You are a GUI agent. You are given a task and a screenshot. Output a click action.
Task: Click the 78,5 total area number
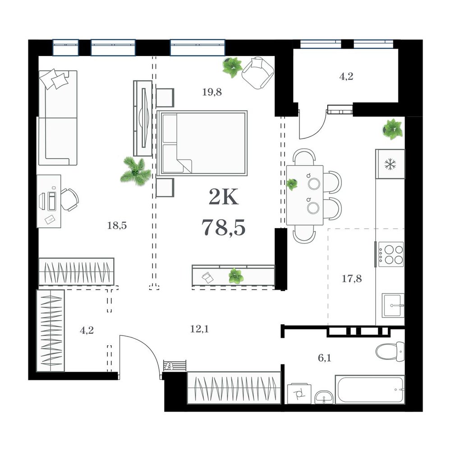click(224, 227)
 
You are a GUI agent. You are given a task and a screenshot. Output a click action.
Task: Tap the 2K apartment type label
click(224, 197)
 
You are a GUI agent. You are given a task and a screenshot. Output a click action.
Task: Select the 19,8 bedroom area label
click(212, 92)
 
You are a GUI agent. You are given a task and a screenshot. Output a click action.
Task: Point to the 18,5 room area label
click(117, 225)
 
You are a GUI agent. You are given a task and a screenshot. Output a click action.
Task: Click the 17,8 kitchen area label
click(352, 278)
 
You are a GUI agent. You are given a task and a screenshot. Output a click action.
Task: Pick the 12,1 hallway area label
click(199, 329)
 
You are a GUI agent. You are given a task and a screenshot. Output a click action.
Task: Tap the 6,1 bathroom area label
click(324, 358)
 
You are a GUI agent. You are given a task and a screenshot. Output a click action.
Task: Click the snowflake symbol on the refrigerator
click(390, 164)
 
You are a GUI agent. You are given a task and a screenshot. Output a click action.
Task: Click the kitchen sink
click(393, 305)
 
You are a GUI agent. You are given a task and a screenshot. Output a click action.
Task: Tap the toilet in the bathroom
click(390, 351)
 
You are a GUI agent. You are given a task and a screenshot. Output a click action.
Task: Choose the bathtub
click(370, 390)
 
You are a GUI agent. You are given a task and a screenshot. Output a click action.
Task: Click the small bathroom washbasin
click(324, 397)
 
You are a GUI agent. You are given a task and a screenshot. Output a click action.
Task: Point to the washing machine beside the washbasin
click(299, 393)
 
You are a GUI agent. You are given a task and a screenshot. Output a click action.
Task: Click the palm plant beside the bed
click(135, 172)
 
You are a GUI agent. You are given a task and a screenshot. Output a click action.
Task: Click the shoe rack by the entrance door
click(175, 366)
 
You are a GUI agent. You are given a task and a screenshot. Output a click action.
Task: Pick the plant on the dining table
click(292, 184)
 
